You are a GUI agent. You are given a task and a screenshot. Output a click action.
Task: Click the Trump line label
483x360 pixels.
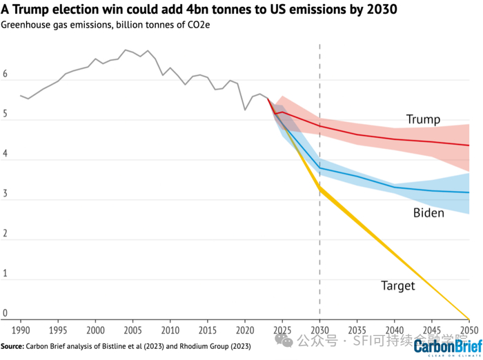pos(423,120)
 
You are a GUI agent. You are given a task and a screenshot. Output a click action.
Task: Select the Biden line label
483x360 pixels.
pos(428,213)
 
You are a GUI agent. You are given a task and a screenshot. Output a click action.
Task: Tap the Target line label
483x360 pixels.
pos(397,286)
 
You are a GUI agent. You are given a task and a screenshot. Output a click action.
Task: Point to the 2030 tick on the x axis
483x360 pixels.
pos(319,329)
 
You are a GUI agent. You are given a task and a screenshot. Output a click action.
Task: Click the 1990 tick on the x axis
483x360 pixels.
pos(21,329)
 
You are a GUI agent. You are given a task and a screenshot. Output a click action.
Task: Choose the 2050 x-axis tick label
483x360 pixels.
pos(469,329)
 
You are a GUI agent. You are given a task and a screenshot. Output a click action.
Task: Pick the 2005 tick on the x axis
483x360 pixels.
pos(132,329)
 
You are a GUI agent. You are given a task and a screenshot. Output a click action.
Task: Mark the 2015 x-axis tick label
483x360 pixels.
pos(208,329)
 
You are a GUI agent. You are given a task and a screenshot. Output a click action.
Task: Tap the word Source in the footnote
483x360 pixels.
pos(12,346)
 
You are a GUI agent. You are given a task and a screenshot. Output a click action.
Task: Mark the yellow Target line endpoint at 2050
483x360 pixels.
pos(469,319)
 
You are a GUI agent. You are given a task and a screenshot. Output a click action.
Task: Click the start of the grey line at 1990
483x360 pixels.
pos(21,96)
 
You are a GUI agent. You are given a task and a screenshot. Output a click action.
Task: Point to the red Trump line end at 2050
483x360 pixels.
pos(469,146)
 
